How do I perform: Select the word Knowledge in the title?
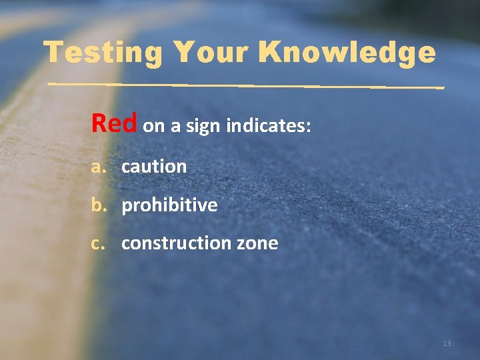tap(346, 53)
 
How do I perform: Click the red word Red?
tap(114, 123)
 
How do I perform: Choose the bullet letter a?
tap(99, 167)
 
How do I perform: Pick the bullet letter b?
tap(99, 204)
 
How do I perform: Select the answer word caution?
tap(154, 167)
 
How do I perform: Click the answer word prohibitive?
tap(169, 205)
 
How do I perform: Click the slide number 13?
tap(447, 343)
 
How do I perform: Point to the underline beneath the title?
tap(247, 86)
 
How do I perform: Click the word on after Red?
tap(153, 127)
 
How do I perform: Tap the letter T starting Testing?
tap(53, 51)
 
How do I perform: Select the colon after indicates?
tap(308, 127)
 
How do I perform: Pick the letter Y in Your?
tap(182, 51)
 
